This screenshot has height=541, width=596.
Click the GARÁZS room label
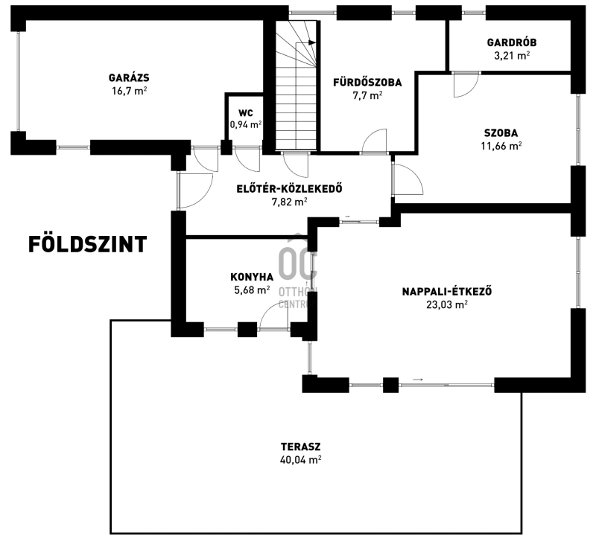pyautogui.click(x=129, y=78)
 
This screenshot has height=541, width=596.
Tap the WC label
pyautogui.click(x=246, y=113)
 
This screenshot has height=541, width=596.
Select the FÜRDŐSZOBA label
pyautogui.click(x=367, y=83)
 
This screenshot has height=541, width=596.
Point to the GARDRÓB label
pyautogui.click(x=512, y=42)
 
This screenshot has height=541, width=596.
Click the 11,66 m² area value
pyautogui.click(x=501, y=146)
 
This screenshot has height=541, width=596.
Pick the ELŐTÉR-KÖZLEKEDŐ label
pyautogui.click(x=289, y=189)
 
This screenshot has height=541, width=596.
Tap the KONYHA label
pyautogui.click(x=252, y=277)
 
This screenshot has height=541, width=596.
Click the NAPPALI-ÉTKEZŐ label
pyautogui.click(x=447, y=292)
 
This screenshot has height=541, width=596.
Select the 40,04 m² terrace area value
pyautogui.click(x=301, y=460)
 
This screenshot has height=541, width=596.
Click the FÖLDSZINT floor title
pyautogui.click(x=88, y=245)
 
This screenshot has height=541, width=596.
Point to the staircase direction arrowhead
pyautogui.click(x=312, y=42)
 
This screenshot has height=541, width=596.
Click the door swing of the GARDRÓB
pyautogui.click(x=466, y=85)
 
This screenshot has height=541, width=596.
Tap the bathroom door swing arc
pyautogui.click(x=374, y=141)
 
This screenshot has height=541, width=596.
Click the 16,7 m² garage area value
pyautogui.click(x=129, y=91)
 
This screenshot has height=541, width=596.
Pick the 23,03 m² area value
pyautogui.click(x=447, y=305)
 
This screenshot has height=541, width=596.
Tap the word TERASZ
pyautogui.click(x=301, y=446)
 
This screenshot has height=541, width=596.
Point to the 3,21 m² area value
pyautogui.click(x=512, y=56)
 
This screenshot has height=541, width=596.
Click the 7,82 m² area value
pyautogui.click(x=289, y=202)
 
